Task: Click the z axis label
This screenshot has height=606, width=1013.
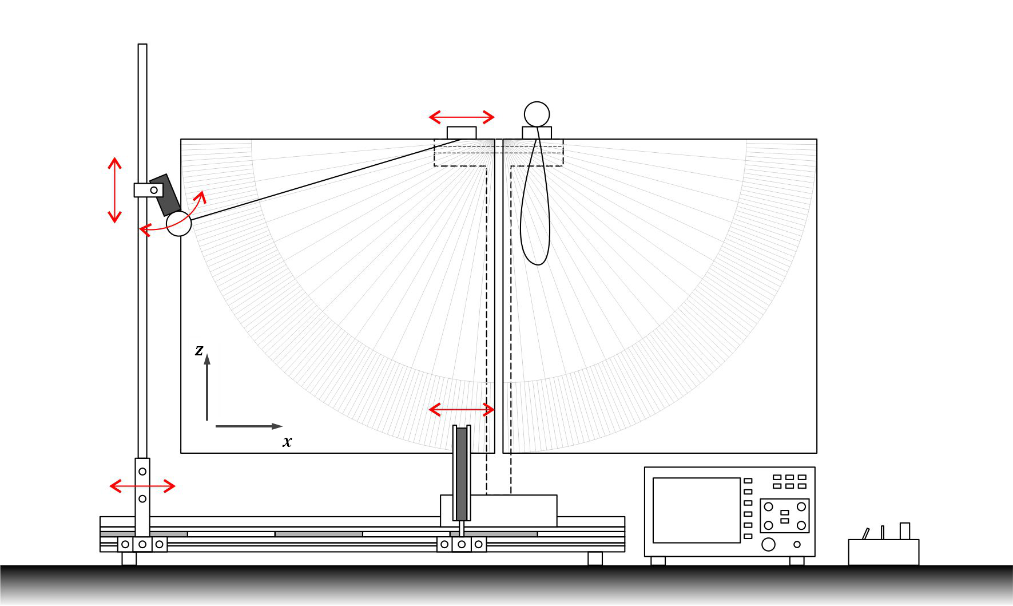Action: point(199,350)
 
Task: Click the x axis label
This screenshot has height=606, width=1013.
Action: point(287,441)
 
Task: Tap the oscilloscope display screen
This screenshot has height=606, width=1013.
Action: point(696,510)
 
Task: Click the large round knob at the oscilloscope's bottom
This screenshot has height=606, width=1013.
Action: point(769,544)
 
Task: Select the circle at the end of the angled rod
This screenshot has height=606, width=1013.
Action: point(178,223)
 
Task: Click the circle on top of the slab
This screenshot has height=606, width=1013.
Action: point(537,114)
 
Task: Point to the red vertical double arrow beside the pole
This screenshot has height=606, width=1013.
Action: point(115,190)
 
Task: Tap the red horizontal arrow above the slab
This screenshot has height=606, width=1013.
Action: point(462,117)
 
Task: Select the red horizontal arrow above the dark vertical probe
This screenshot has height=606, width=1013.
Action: point(462,409)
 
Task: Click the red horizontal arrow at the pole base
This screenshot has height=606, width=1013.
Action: point(142,486)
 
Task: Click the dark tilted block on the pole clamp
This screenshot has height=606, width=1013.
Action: point(165,195)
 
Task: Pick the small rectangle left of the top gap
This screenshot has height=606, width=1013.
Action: point(462,133)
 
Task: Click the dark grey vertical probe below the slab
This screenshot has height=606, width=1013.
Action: point(462,472)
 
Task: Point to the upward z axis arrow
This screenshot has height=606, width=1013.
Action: point(207,387)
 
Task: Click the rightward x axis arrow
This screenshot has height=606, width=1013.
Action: point(249,426)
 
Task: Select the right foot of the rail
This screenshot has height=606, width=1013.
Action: point(595,559)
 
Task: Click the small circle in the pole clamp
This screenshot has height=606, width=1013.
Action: point(154,190)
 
